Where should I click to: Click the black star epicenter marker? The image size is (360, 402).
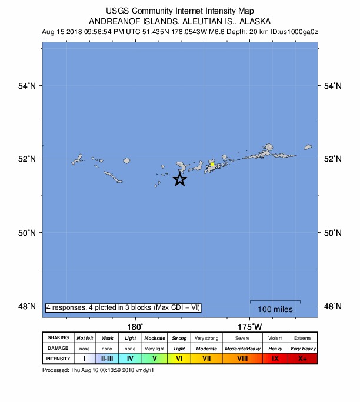180,179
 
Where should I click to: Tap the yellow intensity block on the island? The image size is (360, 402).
212,165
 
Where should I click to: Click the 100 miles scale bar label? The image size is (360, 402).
275,309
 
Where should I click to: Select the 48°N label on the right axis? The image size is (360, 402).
332,306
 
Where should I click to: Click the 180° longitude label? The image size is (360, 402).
135,326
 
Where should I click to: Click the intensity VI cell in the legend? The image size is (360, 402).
179,358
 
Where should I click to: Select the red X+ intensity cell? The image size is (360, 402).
302,358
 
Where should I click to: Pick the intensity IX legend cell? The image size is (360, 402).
274,358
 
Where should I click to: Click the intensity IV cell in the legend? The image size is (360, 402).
130,358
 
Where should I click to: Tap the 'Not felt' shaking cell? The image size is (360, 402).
84,338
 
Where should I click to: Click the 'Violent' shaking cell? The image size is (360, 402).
274,338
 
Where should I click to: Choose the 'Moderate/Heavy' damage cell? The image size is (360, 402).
242,348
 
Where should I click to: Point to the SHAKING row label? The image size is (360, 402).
58,338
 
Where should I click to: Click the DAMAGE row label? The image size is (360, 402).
58,348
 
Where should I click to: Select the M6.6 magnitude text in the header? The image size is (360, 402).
222,31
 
